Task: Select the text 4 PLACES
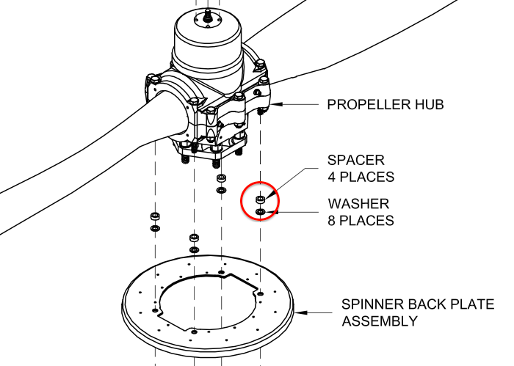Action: pos(361,177)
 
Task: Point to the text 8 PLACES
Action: pos(361,220)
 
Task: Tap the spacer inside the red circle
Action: pos(260,200)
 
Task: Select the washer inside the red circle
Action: pos(261,212)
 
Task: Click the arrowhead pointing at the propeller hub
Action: pos(280,105)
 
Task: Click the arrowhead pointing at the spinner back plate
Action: pos(297,313)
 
